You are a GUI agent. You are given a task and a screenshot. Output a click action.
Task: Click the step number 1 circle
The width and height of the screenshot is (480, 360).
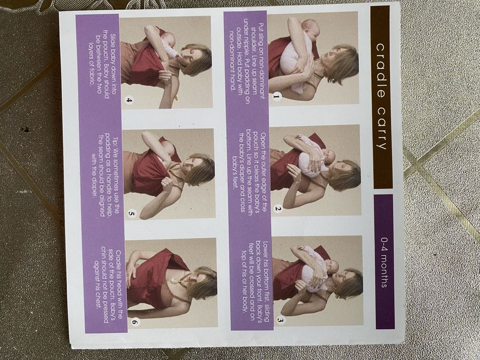coord(276,97)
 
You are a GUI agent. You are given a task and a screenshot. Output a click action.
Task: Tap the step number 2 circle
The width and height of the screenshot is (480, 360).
coord(278,209)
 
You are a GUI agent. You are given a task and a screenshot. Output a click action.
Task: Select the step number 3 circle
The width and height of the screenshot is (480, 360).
coord(280,320)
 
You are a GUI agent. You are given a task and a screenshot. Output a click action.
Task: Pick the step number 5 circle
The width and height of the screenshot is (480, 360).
coord(132,213)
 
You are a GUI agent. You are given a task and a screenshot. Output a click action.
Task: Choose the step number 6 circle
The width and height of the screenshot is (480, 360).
coord(135,322)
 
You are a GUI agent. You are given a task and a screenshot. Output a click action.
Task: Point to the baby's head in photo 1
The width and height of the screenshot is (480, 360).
coord(310,29)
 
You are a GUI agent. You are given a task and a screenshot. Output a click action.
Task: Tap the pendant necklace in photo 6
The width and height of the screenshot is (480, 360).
coord(174,280)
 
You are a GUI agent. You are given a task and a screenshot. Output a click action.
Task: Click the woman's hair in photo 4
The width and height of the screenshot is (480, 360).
coord(198,60)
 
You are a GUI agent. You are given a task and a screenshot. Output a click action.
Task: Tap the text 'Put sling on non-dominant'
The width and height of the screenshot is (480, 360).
coord(261,61)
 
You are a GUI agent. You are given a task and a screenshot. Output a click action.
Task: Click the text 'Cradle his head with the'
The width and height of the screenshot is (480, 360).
coord(119,285)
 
